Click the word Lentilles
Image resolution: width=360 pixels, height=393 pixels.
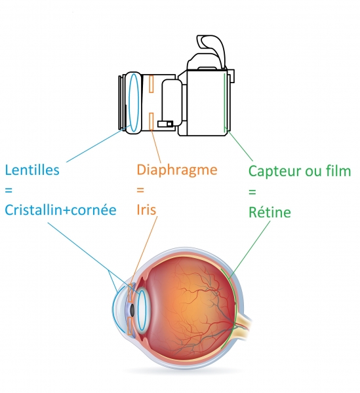coord(32,170)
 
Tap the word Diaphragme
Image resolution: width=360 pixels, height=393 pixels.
coord(177,171)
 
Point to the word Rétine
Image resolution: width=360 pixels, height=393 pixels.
coord(270,212)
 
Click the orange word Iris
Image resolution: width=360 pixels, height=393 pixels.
coord(146,210)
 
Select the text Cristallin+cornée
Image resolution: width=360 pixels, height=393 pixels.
coord(61,210)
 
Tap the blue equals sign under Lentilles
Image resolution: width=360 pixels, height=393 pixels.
coord(9,190)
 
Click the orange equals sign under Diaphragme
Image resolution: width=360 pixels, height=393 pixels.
coord(140,190)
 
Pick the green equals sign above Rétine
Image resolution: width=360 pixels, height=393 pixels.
coord(252,192)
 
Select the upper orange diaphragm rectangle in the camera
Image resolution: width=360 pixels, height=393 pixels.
coord(151,84)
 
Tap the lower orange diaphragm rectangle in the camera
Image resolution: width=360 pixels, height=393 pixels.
coord(151,121)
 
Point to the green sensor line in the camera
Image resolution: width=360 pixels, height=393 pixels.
coord(225,102)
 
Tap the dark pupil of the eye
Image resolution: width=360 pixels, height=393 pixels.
coord(132,310)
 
